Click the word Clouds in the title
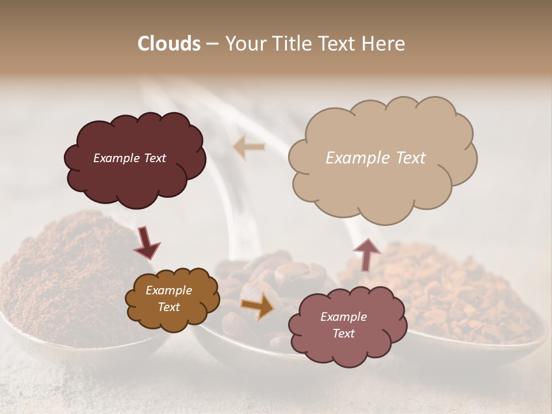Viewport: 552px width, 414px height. click(168, 44)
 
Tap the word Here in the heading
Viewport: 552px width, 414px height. click(383, 44)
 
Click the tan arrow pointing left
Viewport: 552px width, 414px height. click(249, 147)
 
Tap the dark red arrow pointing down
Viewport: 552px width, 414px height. click(147, 243)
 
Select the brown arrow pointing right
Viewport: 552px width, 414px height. click(258, 306)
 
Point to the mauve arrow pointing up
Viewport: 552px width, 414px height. click(366, 255)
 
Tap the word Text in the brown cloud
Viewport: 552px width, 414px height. click(168, 307)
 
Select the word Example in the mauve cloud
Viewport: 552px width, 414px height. click(343, 317)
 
